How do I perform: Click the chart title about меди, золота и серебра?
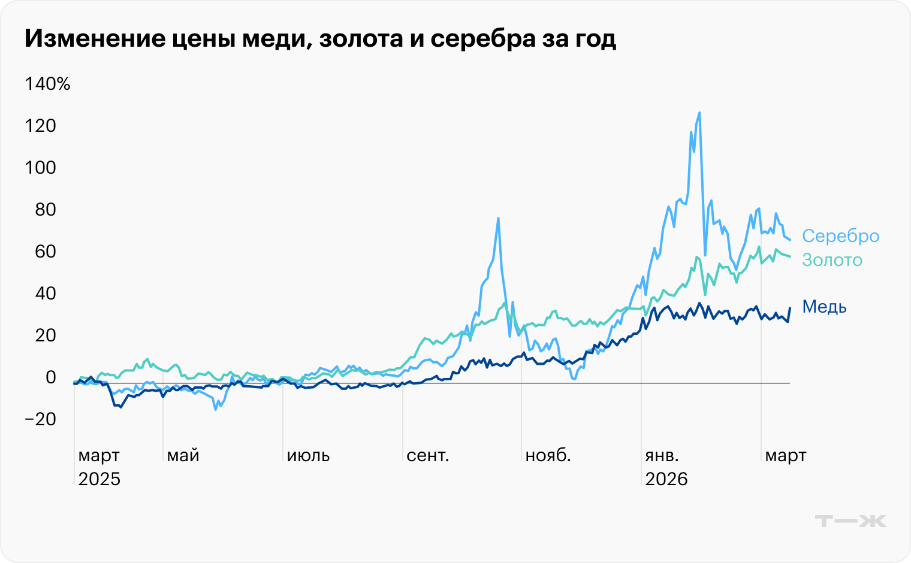coord(320,39)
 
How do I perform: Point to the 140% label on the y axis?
coord(47,84)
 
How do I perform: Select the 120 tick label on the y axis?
coord(41,126)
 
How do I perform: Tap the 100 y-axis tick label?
coord(41,168)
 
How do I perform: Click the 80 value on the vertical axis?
coord(45,210)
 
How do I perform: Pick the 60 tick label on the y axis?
coord(45,252)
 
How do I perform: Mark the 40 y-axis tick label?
coord(45,293)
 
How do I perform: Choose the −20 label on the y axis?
coord(41,419)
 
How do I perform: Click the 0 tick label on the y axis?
coord(50,377)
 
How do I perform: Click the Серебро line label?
coord(840,236)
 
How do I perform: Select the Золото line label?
coord(832,260)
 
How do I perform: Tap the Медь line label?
coord(824,307)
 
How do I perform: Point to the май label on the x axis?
coord(183,456)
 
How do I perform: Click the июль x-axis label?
coord(308,456)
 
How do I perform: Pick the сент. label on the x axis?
coord(427,456)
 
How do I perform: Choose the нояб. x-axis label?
coord(548,456)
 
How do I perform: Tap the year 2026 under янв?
coord(666,479)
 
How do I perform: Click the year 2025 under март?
coord(99,479)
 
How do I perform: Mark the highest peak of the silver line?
coord(699,113)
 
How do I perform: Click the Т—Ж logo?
coord(850,520)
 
